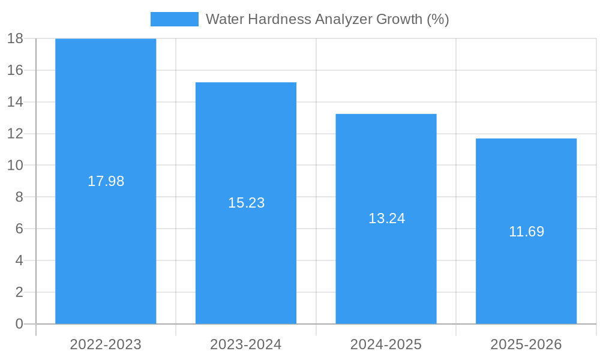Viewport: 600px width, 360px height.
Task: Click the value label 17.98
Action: pyautogui.click(x=106, y=181)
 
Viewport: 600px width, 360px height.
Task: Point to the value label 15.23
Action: pyautogui.click(x=246, y=203)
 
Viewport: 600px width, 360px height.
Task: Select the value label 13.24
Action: pyautogui.click(x=386, y=218)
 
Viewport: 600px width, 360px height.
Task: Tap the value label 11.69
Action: pyautogui.click(x=526, y=232)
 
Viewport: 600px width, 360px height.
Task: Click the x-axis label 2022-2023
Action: pyautogui.click(x=106, y=344)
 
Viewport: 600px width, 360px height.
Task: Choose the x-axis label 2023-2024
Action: pyautogui.click(x=246, y=344)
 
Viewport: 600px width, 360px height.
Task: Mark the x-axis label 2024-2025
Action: pyautogui.click(x=386, y=344)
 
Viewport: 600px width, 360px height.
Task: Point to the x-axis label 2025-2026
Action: pyautogui.click(x=526, y=344)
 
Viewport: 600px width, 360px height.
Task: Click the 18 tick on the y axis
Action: pyautogui.click(x=15, y=38)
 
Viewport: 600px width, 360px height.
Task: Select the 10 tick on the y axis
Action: pyautogui.click(x=15, y=165)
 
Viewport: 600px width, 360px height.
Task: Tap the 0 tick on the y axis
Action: pyautogui.click(x=19, y=324)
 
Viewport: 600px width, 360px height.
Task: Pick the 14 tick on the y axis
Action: pyautogui.click(x=15, y=102)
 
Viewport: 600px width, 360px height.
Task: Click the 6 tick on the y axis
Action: pyautogui.click(x=19, y=229)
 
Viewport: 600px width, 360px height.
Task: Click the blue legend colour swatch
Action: pyautogui.click(x=174, y=19)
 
